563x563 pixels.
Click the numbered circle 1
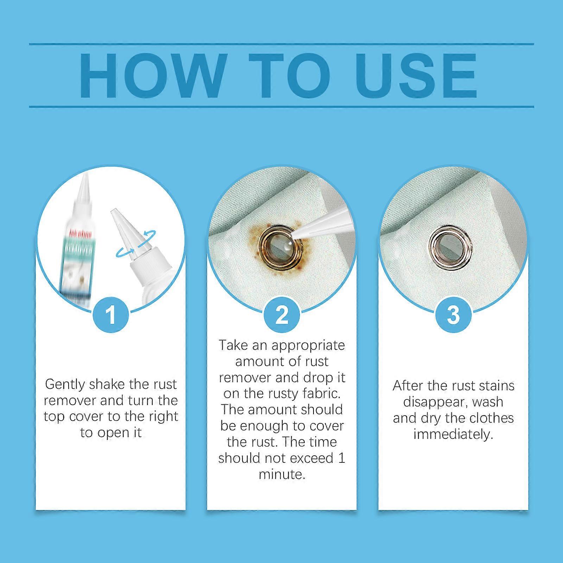point(110,314)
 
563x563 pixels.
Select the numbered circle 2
point(281,314)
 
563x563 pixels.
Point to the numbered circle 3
point(453,314)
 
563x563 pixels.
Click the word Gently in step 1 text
point(65,385)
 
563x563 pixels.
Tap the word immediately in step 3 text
point(453,434)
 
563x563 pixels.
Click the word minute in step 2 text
point(281,474)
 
